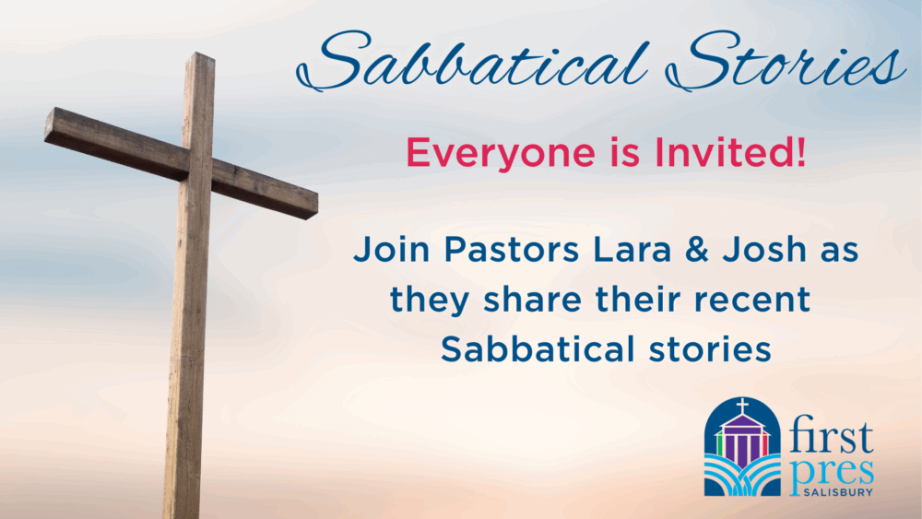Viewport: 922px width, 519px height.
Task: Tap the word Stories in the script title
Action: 786,61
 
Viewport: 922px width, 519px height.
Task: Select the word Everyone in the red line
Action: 501,153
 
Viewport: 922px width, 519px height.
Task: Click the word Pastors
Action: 512,249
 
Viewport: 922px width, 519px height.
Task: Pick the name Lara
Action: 632,249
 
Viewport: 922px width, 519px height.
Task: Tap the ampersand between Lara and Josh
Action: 696,249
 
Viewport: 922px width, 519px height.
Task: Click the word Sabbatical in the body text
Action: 538,349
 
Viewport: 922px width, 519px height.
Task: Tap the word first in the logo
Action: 832,435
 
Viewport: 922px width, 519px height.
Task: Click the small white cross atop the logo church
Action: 742,407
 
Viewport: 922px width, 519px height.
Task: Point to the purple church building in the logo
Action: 742,437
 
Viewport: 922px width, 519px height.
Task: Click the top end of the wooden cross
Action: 200,56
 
